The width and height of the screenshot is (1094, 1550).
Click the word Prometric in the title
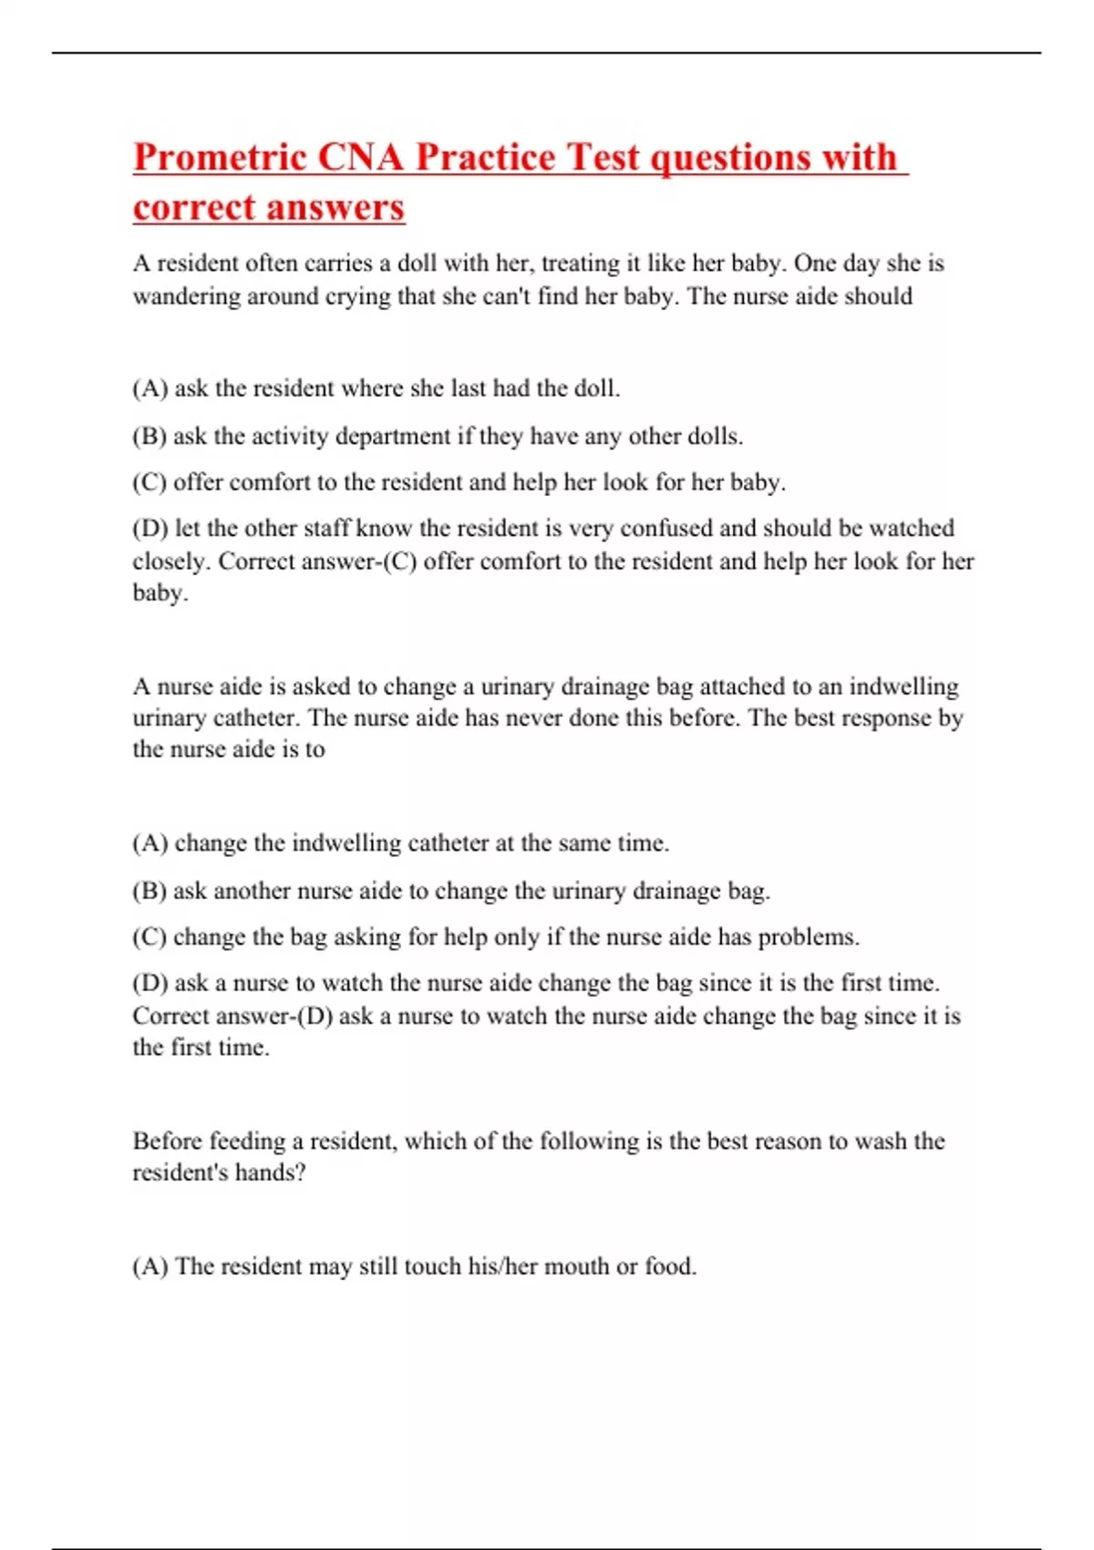tap(219, 158)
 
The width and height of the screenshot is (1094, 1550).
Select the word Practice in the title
tap(485, 158)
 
